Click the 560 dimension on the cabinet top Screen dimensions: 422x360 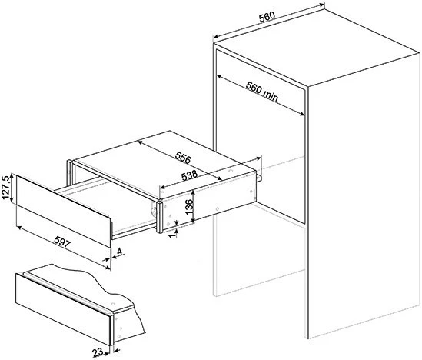267,16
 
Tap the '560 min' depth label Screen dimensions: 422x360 262,92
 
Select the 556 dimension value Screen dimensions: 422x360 183,158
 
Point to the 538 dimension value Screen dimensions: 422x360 190,175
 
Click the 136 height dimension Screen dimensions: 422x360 189,206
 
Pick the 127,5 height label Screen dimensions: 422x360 5,188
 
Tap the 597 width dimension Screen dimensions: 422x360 62,241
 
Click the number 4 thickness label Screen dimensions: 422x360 119,252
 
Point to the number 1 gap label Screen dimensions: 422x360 173,235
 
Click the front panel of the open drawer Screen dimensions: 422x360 64,211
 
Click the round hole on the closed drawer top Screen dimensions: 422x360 112,305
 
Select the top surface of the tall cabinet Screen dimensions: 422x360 317,45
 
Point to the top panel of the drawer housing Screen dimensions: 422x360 164,165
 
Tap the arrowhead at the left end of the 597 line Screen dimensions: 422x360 19,228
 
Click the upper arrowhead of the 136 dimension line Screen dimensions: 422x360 193,192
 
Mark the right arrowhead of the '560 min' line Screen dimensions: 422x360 301,114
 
